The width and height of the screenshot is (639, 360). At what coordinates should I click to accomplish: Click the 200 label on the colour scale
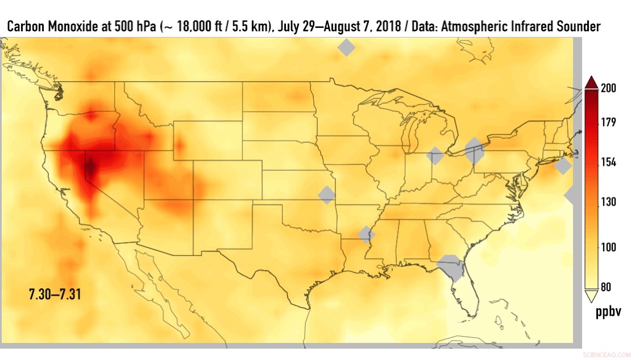(609, 88)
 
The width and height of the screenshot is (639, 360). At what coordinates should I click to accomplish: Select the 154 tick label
(609, 162)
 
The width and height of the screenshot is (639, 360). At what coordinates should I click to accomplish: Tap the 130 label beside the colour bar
(609, 202)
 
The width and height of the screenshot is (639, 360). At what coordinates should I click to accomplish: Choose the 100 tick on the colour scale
(609, 247)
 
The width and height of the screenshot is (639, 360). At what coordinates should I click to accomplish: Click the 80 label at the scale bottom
(606, 287)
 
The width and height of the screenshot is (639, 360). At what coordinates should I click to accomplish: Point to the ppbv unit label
(608, 312)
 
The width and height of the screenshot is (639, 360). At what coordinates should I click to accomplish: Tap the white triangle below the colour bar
(591, 296)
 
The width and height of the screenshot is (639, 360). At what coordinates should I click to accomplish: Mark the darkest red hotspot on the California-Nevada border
(90, 167)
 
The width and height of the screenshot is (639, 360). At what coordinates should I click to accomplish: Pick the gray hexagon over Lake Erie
(474, 151)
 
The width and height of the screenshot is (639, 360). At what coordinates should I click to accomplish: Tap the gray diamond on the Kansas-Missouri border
(327, 195)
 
